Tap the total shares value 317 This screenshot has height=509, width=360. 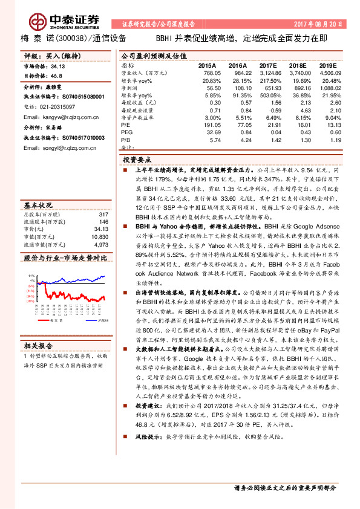tap(103, 215)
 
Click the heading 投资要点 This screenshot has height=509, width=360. tap(137, 160)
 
